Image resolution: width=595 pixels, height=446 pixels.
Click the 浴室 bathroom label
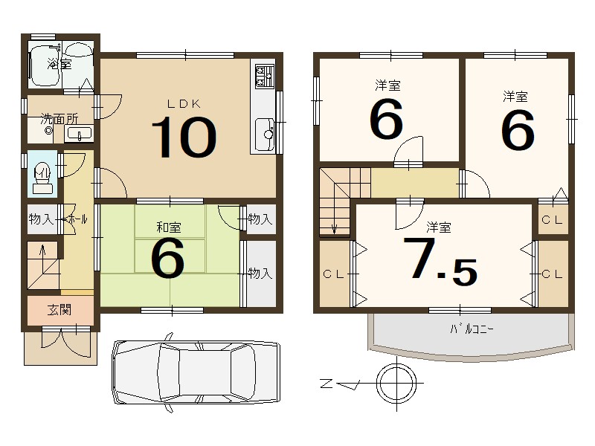click(x=59, y=64)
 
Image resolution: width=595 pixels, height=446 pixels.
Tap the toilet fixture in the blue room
click(x=42, y=178)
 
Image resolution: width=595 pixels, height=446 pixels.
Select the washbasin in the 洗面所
click(x=79, y=134)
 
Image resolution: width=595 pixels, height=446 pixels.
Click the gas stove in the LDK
click(x=265, y=77)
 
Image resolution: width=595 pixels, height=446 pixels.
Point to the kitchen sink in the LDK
click(x=265, y=134)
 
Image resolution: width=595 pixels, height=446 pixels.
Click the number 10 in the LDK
click(x=184, y=137)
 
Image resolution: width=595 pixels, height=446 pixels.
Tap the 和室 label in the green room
click(x=169, y=227)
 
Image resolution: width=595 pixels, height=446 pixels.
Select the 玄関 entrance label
click(x=59, y=310)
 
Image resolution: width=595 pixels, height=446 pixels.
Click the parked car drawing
click(x=196, y=372)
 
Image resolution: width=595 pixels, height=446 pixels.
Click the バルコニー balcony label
click(x=472, y=329)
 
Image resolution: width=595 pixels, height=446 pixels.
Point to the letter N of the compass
click(x=326, y=384)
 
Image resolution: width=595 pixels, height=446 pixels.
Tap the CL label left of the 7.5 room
click(x=333, y=274)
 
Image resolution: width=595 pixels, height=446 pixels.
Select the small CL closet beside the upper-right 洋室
click(x=553, y=219)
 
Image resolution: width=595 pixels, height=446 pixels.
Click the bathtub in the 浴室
click(x=45, y=66)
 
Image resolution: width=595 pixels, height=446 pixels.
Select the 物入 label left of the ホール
click(x=41, y=219)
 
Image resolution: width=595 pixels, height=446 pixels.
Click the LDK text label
click(x=184, y=104)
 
